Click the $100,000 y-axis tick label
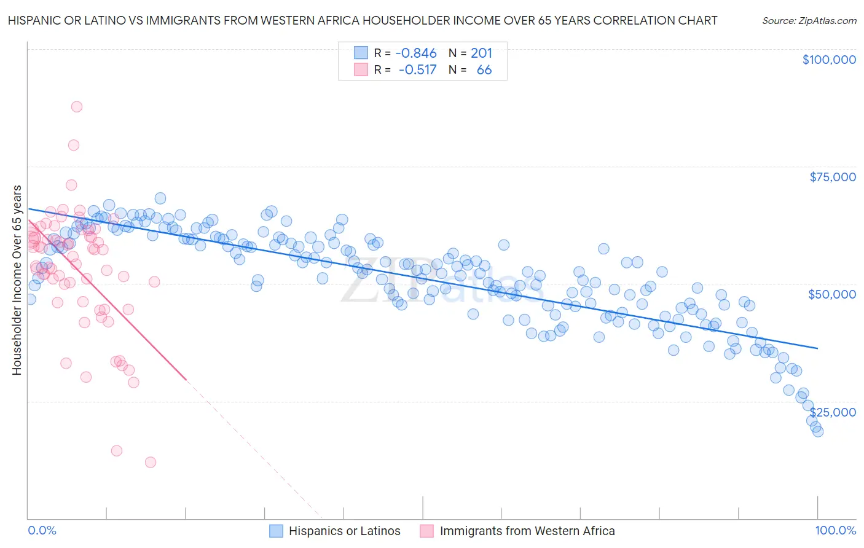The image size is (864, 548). [829, 60]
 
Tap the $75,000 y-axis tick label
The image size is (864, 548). [832, 177]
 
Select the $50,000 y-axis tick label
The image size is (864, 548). [831, 294]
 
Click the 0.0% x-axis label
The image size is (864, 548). [42, 531]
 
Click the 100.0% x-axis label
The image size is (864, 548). [835, 531]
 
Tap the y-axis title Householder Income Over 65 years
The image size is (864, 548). [17, 280]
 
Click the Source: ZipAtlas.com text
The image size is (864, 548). [809, 21]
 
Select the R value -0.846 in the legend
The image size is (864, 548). [416, 53]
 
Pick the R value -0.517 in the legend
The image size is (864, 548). [417, 70]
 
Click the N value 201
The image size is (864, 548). [481, 53]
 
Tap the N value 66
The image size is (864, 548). [484, 70]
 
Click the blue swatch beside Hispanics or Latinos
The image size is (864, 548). [276, 531]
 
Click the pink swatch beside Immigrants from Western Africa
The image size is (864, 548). [427, 531]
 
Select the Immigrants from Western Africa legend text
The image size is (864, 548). [527, 531]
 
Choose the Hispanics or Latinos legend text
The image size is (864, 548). [344, 531]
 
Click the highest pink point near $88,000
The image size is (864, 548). [77, 106]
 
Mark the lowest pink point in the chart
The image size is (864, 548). [150, 463]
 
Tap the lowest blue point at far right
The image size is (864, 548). [817, 431]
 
